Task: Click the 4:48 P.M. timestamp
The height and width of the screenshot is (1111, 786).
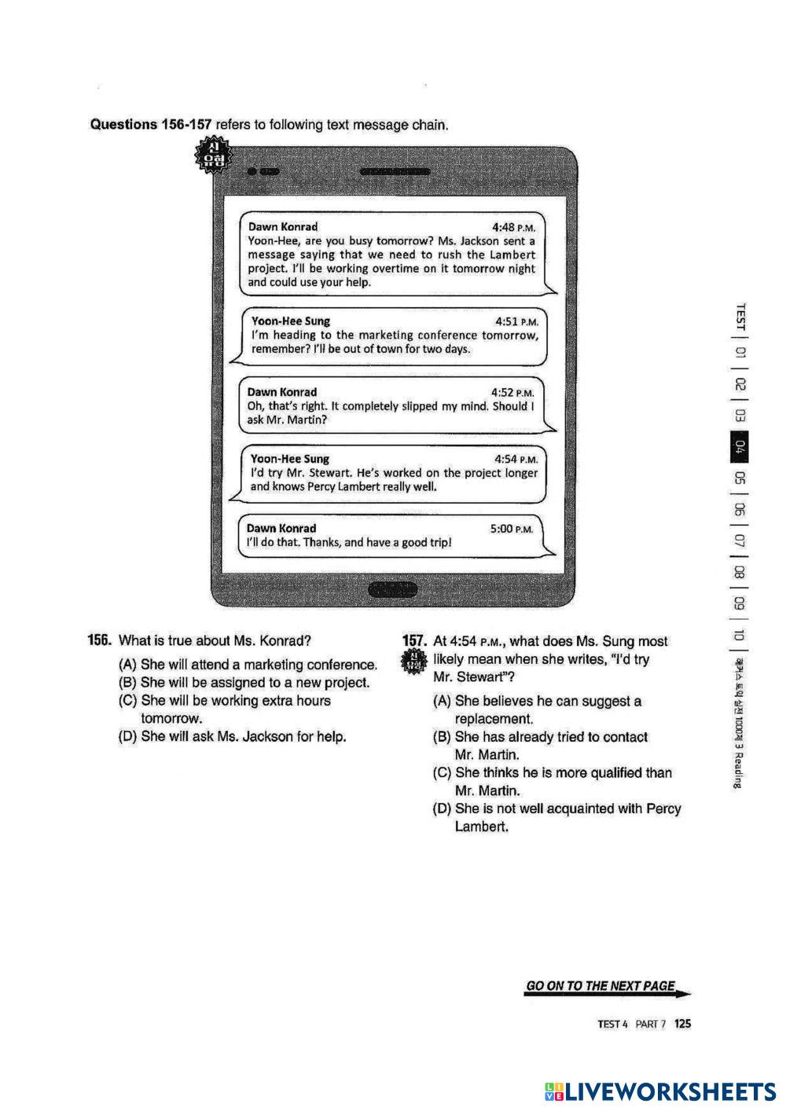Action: point(513,228)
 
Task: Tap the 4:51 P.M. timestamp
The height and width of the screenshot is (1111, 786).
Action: point(516,322)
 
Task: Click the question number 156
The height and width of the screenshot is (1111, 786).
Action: point(99,640)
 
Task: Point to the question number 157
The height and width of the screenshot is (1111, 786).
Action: point(414,641)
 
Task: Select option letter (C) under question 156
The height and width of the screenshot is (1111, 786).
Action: point(127,700)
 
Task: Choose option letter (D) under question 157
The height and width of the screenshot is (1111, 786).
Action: point(442,808)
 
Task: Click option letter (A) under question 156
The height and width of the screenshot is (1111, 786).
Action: point(127,664)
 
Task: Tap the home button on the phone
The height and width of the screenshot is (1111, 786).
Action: point(392,590)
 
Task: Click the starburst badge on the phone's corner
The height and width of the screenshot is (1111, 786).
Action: point(212,155)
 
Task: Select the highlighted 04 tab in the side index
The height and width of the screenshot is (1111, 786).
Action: point(740,447)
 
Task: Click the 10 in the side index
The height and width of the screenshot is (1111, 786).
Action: point(740,635)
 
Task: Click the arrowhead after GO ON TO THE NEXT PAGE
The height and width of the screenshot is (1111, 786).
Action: point(684,993)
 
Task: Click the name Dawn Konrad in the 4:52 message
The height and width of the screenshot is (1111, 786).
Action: point(282,392)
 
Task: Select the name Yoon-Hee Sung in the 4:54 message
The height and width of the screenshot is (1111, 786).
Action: point(290,459)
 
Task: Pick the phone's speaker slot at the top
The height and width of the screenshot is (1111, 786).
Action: point(395,171)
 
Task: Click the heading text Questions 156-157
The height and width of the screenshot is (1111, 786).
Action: point(151,124)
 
